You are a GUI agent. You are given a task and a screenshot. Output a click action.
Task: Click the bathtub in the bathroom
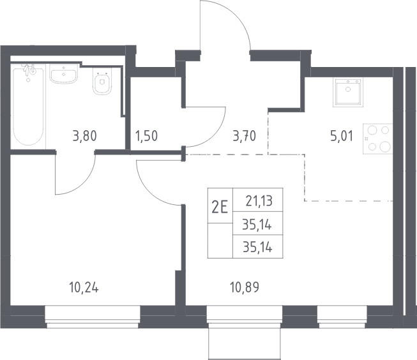pyautogui.click(x=28, y=107)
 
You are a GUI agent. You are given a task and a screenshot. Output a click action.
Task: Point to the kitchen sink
pyautogui.click(x=348, y=93)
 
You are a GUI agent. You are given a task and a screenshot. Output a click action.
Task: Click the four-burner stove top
pyautogui.click(x=378, y=139)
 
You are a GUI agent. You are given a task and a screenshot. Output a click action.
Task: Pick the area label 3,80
pyautogui.click(x=84, y=136)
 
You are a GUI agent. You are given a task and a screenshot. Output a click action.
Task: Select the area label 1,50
pyautogui.click(x=146, y=136)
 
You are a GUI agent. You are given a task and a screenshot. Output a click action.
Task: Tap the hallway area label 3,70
pyautogui.click(x=244, y=136)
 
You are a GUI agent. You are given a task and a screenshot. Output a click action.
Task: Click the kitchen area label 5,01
pyautogui.click(x=342, y=136)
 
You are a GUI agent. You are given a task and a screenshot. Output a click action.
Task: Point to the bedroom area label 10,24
pyautogui.click(x=84, y=288)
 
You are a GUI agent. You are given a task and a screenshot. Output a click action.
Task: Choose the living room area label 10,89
pyautogui.click(x=245, y=288)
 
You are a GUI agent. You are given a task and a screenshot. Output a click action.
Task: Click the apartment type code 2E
pyautogui.click(x=220, y=207)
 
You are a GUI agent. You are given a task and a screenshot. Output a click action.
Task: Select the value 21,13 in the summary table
pyautogui.click(x=259, y=201)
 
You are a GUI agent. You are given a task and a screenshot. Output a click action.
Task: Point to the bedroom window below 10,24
pyautogui.click(x=93, y=317)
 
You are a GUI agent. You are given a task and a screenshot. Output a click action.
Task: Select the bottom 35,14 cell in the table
pyautogui.click(x=258, y=247)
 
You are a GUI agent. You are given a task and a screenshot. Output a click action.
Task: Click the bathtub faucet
pyautogui.click(x=29, y=70)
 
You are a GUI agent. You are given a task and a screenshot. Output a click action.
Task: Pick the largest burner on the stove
pyautogui.click(x=385, y=147)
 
